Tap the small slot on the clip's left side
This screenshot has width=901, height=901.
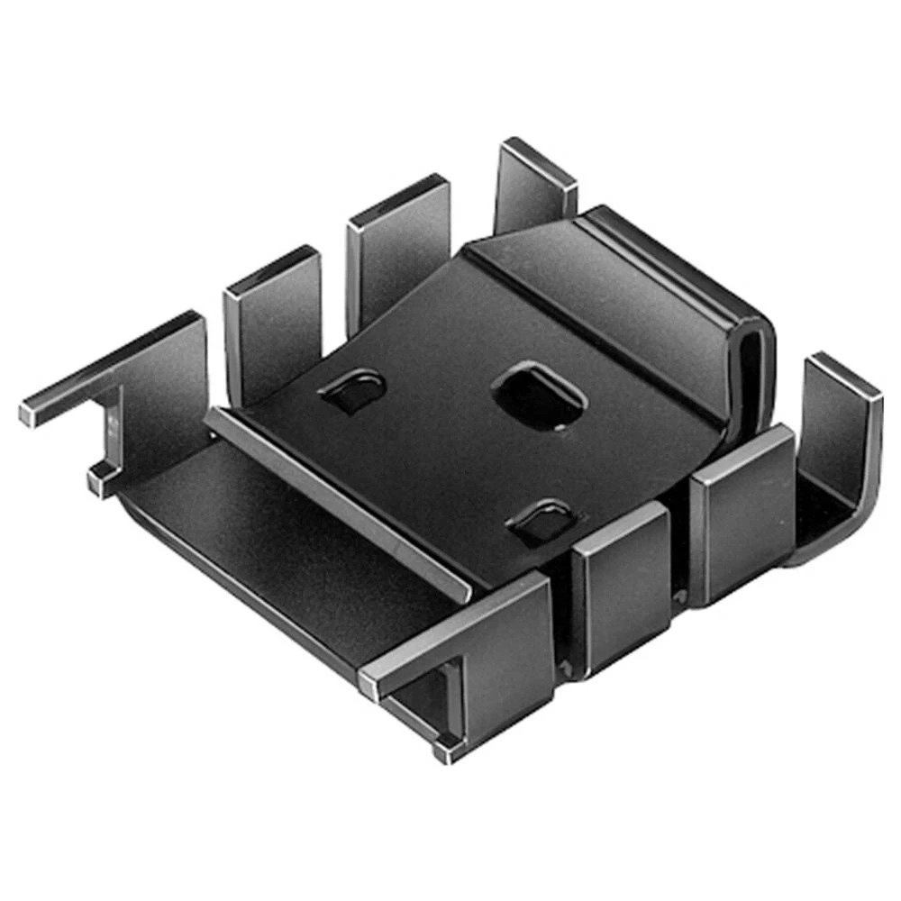[x=352, y=388]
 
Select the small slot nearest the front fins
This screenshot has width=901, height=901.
[x=542, y=520]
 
